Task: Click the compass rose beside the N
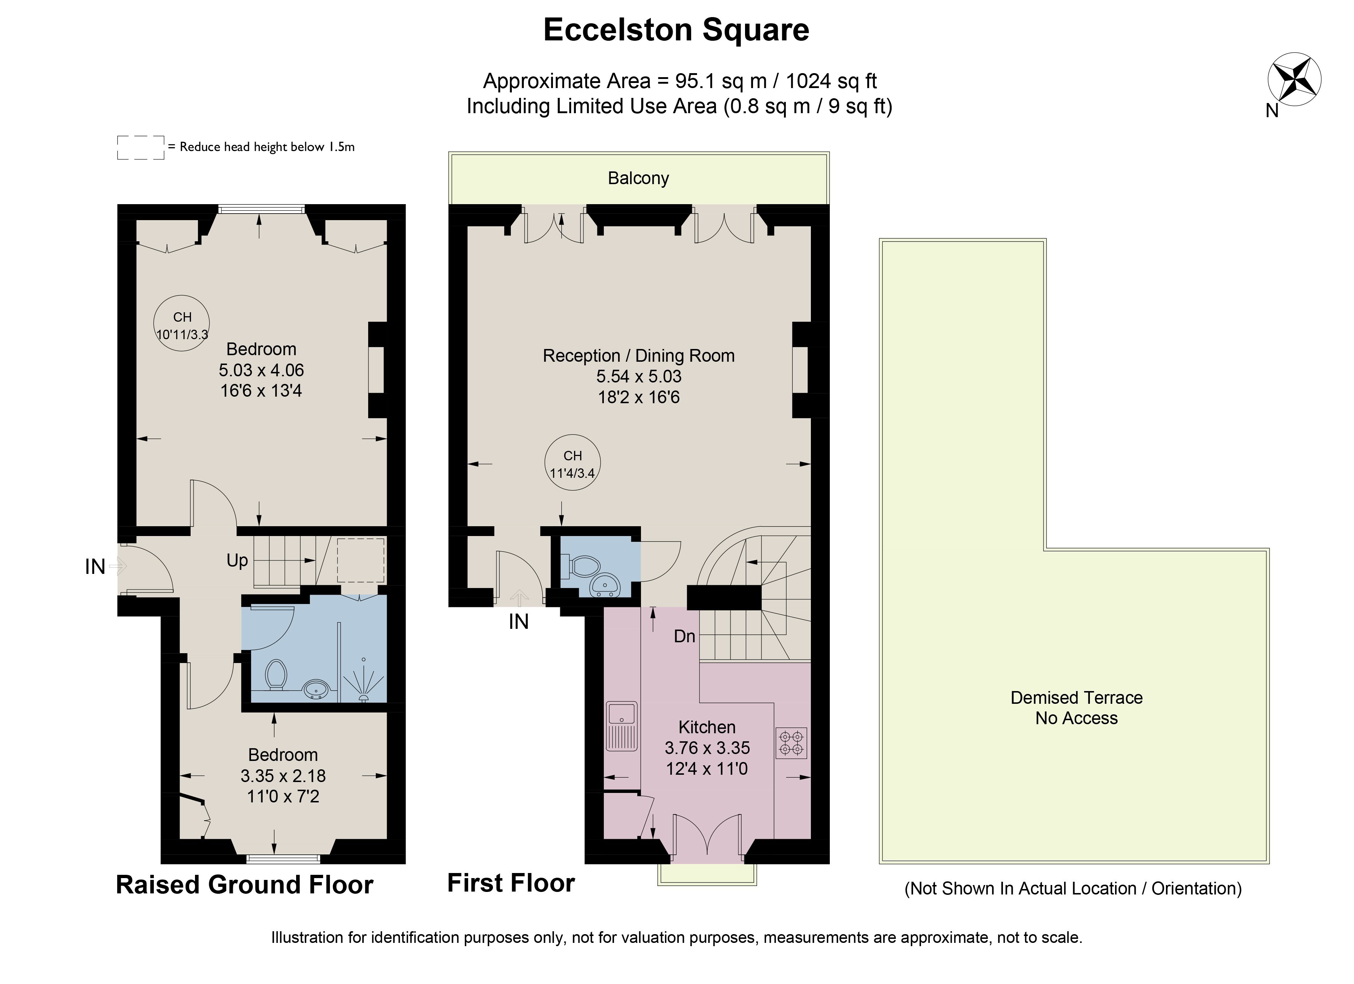1294,79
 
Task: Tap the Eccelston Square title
676,30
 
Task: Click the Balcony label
638,178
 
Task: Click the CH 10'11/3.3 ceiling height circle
182,324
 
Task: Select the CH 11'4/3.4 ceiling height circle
573,462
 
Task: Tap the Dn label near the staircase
685,636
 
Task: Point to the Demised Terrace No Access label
1076,707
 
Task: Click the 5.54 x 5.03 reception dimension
639,376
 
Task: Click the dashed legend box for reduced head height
141,147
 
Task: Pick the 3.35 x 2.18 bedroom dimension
283,775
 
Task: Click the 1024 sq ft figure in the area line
831,81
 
